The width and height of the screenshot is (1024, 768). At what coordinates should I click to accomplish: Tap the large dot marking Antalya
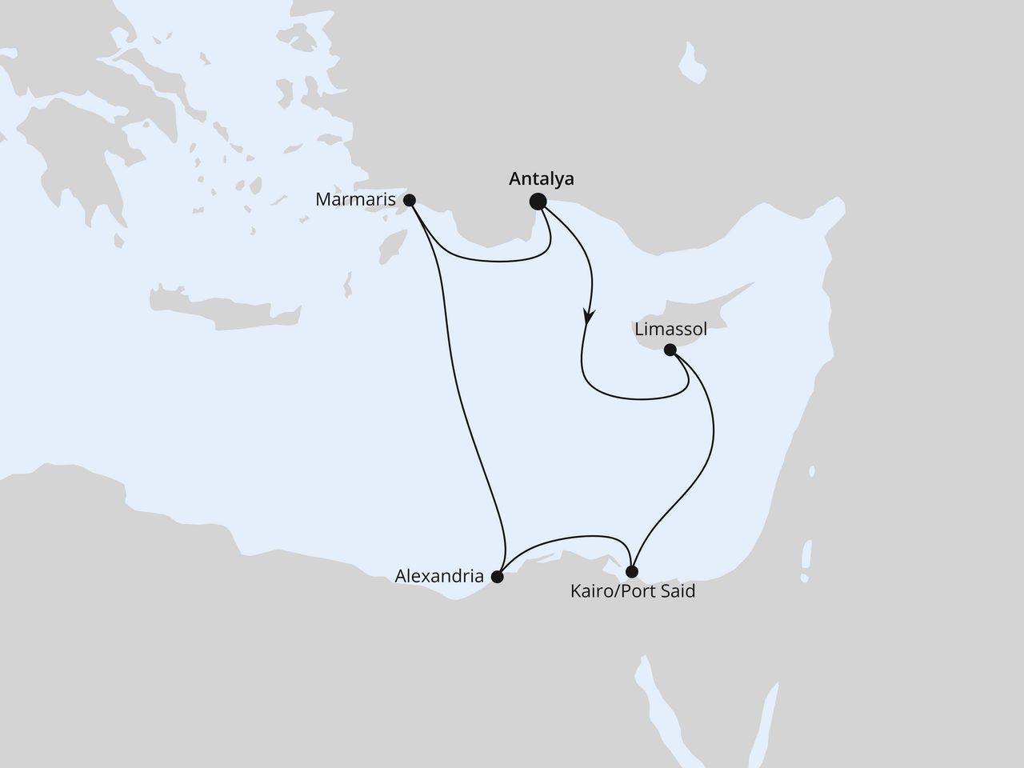pos(538,202)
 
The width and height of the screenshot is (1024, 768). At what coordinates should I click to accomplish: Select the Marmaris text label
pos(356,200)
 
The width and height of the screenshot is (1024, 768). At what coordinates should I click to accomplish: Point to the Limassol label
pos(670,329)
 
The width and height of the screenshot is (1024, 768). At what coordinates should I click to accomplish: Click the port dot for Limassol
pos(670,349)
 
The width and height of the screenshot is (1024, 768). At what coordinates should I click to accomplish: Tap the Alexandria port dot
pos(497,576)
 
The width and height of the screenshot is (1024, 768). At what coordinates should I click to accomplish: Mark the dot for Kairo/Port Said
pos(632,572)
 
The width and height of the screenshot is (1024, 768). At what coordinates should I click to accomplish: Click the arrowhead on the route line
pos(589,318)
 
